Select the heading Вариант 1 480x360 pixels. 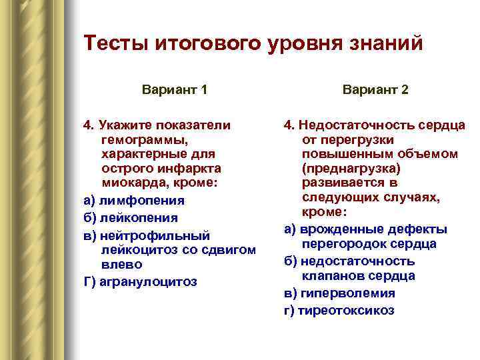tap(175, 89)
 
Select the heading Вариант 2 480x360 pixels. tap(375, 89)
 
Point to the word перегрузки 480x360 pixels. tap(357, 140)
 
